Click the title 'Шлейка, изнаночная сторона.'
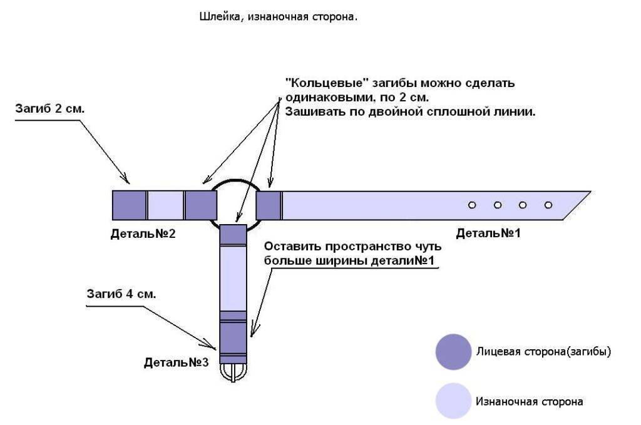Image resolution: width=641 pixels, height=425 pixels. [x=278, y=18]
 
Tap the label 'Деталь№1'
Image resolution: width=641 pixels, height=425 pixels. [x=488, y=233]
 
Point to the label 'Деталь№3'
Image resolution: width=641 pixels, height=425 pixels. [x=176, y=362]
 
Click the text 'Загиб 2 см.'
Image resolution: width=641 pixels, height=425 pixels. [x=49, y=108]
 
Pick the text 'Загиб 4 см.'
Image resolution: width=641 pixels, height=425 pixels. [x=121, y=294]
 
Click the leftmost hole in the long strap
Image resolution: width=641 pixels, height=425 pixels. [x=473, y=205]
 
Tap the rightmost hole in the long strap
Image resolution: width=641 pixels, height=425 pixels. [x=548, y=205]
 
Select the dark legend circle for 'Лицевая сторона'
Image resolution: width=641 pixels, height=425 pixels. [x=453, y=352]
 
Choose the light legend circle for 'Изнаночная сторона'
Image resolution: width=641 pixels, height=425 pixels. [x=453, y=401]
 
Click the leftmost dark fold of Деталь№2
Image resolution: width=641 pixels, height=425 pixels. [x=129, y=205]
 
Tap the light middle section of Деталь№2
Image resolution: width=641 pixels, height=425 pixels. [x=165, y=205]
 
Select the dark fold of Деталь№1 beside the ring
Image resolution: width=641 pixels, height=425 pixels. [x=269, y=205]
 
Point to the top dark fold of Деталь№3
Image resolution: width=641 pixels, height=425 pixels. [x=233, y=234]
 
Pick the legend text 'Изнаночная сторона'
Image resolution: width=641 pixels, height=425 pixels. [x=529, y=401]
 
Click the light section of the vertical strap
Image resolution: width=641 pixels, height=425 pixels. [x=233, y=279]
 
